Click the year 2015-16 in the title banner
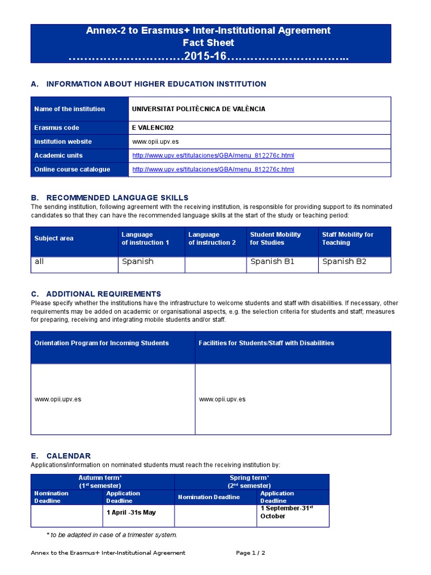(208, 57)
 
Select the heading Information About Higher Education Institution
(156, 84)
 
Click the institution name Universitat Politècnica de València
(190, 109)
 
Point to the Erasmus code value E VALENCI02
(154, 127)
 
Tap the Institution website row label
(63, 142)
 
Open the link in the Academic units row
(213, 156)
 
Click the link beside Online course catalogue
(213, 170)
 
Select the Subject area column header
(54, 239)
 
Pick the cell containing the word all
(39, 262)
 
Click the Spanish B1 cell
(272, 262)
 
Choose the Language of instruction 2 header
(212, 239)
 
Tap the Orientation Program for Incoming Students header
(102, 343)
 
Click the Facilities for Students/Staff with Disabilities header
(266, 343)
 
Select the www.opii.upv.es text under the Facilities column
(222, 399)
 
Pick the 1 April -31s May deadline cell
(131, 512)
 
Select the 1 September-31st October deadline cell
(286, 512)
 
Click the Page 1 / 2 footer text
(250, 553)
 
